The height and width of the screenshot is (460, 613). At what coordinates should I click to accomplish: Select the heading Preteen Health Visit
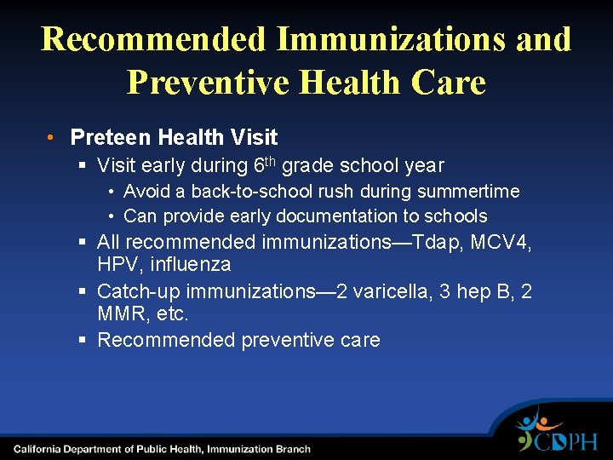pos(174,137)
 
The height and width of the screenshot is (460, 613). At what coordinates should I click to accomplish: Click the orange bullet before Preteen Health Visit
pos(52,137)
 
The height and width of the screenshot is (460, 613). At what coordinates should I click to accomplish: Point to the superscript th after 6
pos(269,160)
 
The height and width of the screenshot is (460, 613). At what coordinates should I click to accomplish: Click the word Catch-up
pos(136,292)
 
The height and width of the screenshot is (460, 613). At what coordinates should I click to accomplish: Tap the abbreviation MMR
pos(120,313)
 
